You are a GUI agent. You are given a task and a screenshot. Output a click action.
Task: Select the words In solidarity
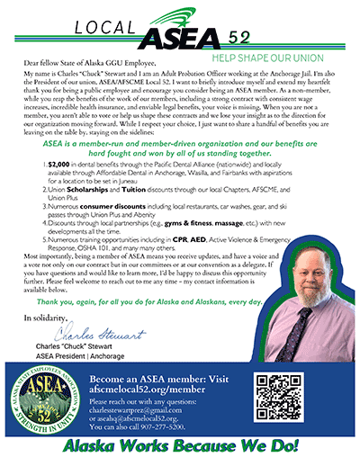point(41,318)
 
